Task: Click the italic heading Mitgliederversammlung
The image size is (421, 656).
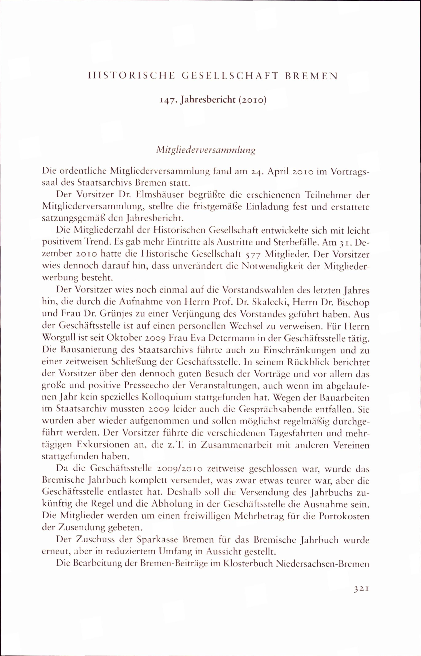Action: pyautogui.click(x=206, y=150)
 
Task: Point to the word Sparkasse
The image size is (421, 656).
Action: pyautogui.click(x=157, y=540)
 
